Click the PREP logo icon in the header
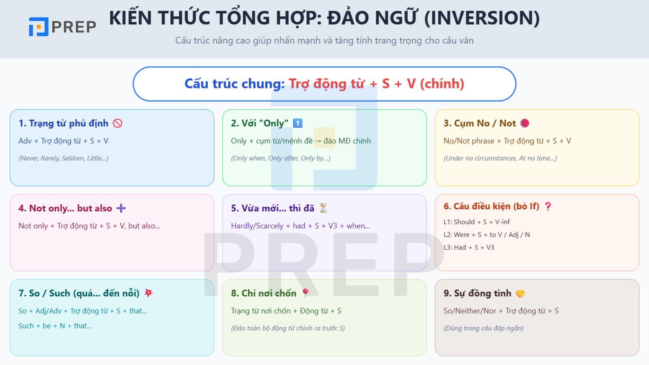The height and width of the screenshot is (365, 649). tap(39, 27)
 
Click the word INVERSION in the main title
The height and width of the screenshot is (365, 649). tap(482, 18)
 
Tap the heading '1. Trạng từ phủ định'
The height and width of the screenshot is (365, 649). tap(63, 123)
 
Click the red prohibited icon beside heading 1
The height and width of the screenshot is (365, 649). tap(118, 123)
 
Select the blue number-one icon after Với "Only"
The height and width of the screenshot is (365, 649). tap(298, 123)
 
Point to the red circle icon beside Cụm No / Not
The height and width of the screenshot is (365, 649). tap(524, 123)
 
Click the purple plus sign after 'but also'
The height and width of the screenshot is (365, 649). tap(121, 208)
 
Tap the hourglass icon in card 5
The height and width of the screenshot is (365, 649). tap(323, 208)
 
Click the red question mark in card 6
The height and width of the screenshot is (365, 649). tap(548, 206)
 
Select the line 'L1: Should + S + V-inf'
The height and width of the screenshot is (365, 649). tap(477, 222)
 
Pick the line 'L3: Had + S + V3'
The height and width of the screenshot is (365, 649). tap(469, 247)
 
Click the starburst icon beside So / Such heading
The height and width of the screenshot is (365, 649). tap(149, 293)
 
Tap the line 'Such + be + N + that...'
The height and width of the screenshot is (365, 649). tap(55, 326)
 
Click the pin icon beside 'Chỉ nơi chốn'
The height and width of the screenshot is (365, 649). tap(305, 293)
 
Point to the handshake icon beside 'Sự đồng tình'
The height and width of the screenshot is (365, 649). tap(520, 293)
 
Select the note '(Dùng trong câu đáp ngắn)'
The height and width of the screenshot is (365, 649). tap(484, 328)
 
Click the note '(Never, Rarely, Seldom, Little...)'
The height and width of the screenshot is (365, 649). tap(63, 158)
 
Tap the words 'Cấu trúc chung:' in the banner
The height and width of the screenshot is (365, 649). tap(234, 84)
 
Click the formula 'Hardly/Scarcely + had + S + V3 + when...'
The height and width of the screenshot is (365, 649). tap(300, 226)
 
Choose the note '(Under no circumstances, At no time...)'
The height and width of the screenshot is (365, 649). tap(500, 158)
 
